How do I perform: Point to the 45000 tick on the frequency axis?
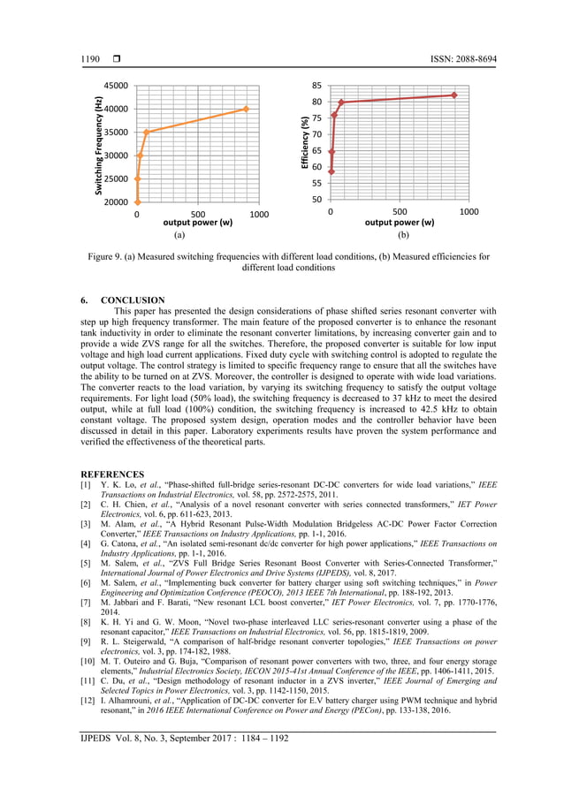pos(114,86)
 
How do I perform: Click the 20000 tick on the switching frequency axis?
pos(114,202)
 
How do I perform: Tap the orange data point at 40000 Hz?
pos(246,109)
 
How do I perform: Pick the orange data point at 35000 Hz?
pos(147,133)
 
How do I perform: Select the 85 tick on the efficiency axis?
pos(316,87)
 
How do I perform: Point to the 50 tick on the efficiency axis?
pos(316,200)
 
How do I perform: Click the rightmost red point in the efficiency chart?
pos(454,95)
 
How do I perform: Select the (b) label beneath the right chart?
pos(400,236)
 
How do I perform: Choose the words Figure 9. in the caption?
pos(107,257)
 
